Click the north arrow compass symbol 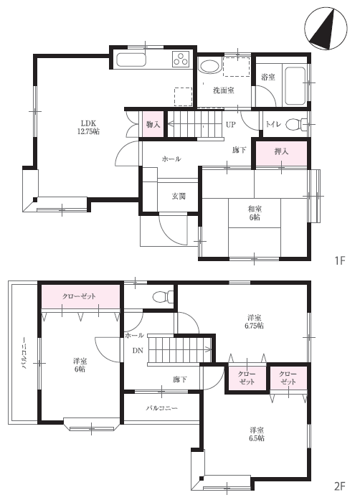pyautogui.click(x=326, y=28)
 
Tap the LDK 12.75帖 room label pyautogui.click(x=88, y=127)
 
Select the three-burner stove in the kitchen pyautogui.click(x=181, y=59)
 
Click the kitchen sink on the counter pyautogui.click(x=131, y=60)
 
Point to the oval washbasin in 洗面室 pyautogui.click(x=209, y=67)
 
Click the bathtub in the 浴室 pyautogui.click(x=295, y=85)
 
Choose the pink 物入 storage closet pyautogui.click(x=153, y=124)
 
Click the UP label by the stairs pyautogui.click(x=231, y=125)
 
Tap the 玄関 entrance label pyautogui.click(x=179, y=197)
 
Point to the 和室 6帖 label pyautogui.click(x=255, y=213)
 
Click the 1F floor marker pyautogui.click(x=340, y=261)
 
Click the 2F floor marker pyautogui.click(x=340, y=486)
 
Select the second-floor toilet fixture pyautogui.click(x=163, y=296)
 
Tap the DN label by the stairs pyautogui.click(x=138, y=351)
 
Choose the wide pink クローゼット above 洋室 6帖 pyautogui.click(x=80, y=296)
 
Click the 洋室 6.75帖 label pyautogui.click(x=255, y=322)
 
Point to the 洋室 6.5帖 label pyautogui.click(x=256, y=434)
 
